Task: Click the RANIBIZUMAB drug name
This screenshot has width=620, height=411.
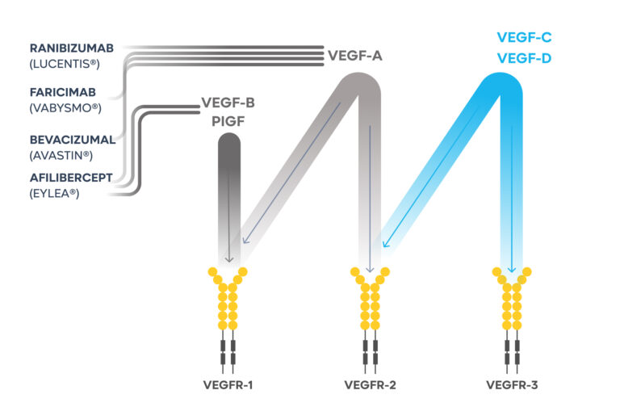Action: click(70, 48)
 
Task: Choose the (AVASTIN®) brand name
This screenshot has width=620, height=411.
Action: click(61, 155)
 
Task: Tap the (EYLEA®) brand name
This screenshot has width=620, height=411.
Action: click(55, 192)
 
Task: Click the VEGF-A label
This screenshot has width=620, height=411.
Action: click(354, 56)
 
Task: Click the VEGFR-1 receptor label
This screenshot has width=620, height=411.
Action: click(228, 385)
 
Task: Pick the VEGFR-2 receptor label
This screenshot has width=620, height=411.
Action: click(370, 385)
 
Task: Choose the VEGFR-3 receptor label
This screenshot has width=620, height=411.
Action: click(512, 385)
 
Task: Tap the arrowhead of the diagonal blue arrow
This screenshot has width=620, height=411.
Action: click(385, 245)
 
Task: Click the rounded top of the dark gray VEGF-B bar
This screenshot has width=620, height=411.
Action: click(228, 141)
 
